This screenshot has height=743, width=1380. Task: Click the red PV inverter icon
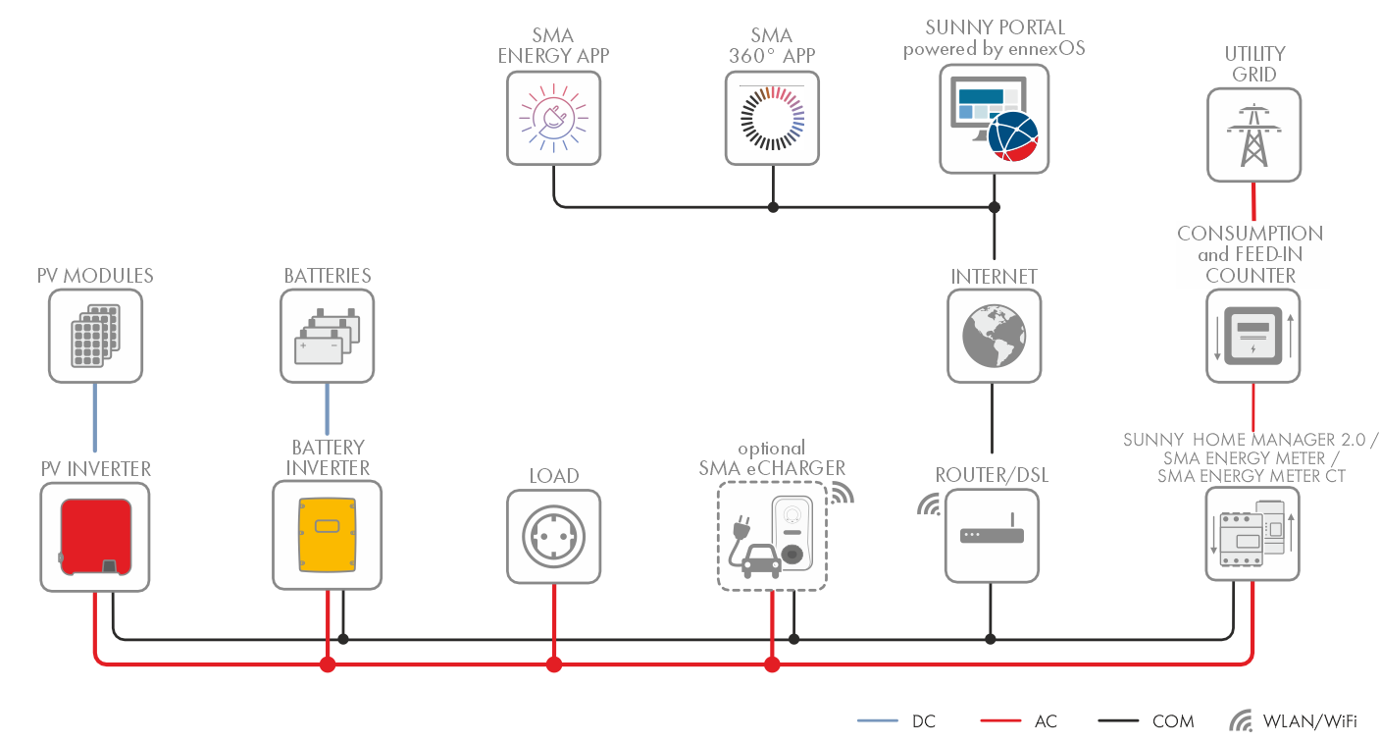(x=96, y=536)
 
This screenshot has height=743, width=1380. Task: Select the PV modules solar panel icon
(x=95, y=337)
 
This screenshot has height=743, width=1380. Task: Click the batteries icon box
(x=328, y=337)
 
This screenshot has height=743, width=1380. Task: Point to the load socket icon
(x=554, y=537)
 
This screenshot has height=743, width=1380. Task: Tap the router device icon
(x=993, y=536)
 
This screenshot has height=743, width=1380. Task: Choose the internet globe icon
(x=993, y=337)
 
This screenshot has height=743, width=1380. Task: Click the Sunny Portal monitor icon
(x=993, y=118)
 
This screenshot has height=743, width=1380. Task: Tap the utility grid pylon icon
(x=1253, y=134)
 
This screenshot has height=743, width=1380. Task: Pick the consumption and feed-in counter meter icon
(x=1252, y=337)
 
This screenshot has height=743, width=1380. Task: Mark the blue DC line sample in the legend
(x=877, y=721)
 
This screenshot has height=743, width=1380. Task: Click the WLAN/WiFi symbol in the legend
(x=1240, y=721)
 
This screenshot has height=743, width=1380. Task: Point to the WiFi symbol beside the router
(x=927, y=504)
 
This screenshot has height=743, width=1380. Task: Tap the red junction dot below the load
(x=554, y=664)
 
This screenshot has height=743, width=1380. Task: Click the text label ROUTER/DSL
(x=992, y=476)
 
